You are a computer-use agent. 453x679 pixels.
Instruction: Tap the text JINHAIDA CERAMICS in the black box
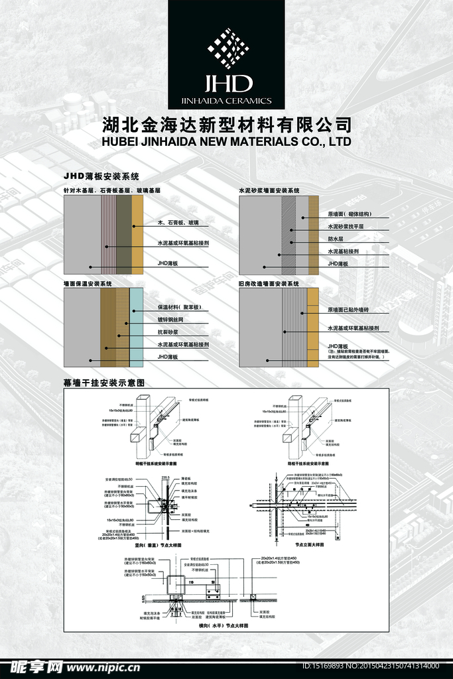[x=226, y=101]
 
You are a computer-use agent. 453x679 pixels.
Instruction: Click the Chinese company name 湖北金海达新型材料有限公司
[x=227, y=125]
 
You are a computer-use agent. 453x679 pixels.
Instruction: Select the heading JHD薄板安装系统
[x=101, y=176]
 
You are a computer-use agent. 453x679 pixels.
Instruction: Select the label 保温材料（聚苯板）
[x=184, y=308]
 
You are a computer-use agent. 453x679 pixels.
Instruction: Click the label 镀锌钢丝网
[x=173, y=320]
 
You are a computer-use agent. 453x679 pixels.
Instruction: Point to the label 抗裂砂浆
[x=170, y=332]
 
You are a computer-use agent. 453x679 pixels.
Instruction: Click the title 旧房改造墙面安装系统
[x=269, y=284]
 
